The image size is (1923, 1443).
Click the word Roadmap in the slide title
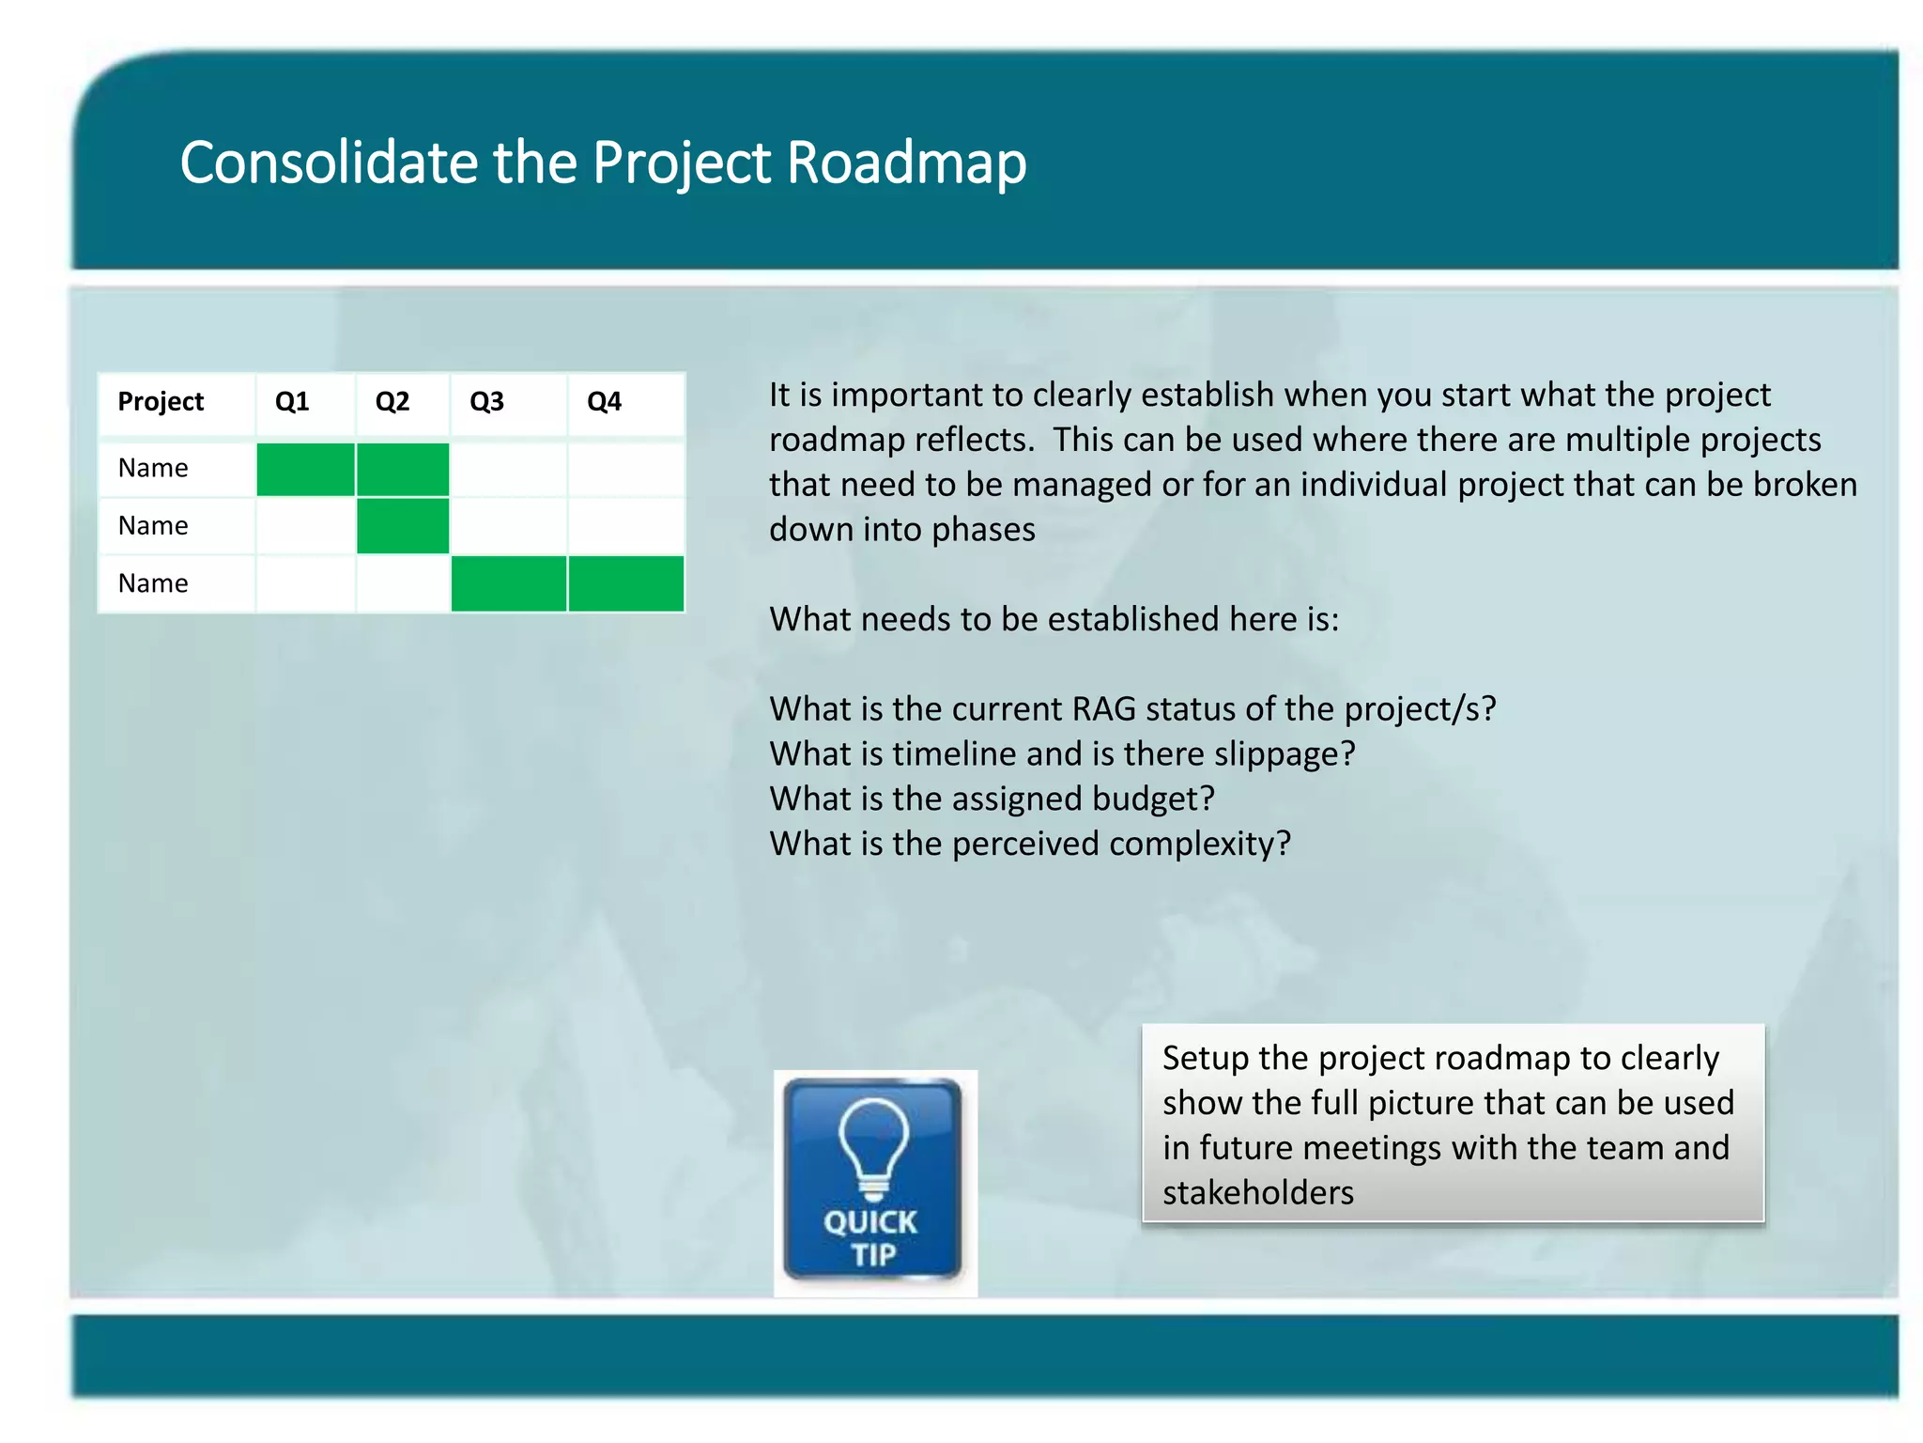[x=906, y=163]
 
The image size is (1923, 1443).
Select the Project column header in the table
[x=161, y=402]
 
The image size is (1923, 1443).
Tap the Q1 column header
[x=292, y=402]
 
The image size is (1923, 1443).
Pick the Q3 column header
[x=486, y=402]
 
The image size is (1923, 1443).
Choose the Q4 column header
[x=604, y=402]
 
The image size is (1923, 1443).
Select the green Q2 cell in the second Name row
[x=403, y=526]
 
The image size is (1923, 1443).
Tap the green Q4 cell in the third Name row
[x=625, y=583]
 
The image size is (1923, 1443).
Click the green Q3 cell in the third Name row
[x=508, y=583]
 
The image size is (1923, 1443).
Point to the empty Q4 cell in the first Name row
[x=625, y=469]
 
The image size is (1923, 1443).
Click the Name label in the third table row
[x=153, y=583]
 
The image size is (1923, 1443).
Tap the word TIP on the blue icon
[x=873, y=1255]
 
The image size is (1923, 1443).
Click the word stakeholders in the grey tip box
[x=1257, y=1193]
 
